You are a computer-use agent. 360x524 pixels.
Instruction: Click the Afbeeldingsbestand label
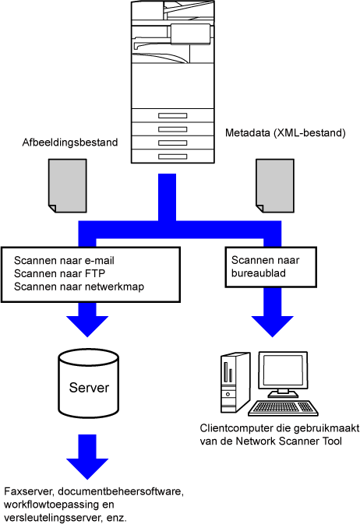tap(70, 142)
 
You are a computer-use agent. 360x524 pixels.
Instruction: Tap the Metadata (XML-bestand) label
tap(285, 133)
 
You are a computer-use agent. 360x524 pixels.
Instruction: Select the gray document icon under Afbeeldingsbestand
tap(68, 186)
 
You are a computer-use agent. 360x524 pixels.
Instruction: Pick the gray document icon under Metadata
tap(275, 186)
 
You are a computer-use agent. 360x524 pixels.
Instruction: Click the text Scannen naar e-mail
tap(64, 261)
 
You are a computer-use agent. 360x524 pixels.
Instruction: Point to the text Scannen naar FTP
tap(59, 274)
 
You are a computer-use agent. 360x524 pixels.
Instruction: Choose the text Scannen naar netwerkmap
tap(79, 287)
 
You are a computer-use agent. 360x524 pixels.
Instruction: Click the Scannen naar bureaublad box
tap(270, 267)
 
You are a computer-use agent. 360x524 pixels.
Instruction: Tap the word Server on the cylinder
tap(89, 388)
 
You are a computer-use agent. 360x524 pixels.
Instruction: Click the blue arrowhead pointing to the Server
tap(87, 325)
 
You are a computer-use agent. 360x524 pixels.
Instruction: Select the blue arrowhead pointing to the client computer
tap(273, 325)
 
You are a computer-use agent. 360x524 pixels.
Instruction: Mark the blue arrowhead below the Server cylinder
tap(87, 468)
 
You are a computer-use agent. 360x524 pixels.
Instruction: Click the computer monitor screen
tap(283, 370)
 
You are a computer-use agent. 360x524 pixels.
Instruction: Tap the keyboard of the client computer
tap(283, 408)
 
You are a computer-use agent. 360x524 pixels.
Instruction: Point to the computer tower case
tap(235, 382)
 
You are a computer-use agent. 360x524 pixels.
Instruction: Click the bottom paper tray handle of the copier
tap(173, 156)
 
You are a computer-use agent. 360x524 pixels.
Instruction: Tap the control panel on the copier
tap(191, 33)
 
